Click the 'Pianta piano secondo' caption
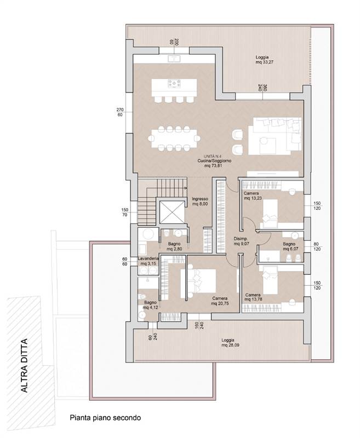[105, 418]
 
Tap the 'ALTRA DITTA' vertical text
[25, 365]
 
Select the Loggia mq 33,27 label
[264, 60]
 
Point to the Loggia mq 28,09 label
[230, 343]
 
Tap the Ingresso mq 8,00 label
[200, 201]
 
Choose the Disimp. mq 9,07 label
[241, 241]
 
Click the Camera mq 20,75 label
[220, 301]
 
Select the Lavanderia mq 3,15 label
[148, 261]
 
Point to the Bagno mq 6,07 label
[290, 246]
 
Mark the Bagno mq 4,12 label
[150, 305]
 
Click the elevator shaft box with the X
[172, 212]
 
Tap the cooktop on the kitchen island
[174, 83]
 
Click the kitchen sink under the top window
[174, 59]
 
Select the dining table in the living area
[174, 138]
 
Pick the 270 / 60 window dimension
[120, 112]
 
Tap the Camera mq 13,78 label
[253, 297]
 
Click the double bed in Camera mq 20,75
[199, 281]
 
